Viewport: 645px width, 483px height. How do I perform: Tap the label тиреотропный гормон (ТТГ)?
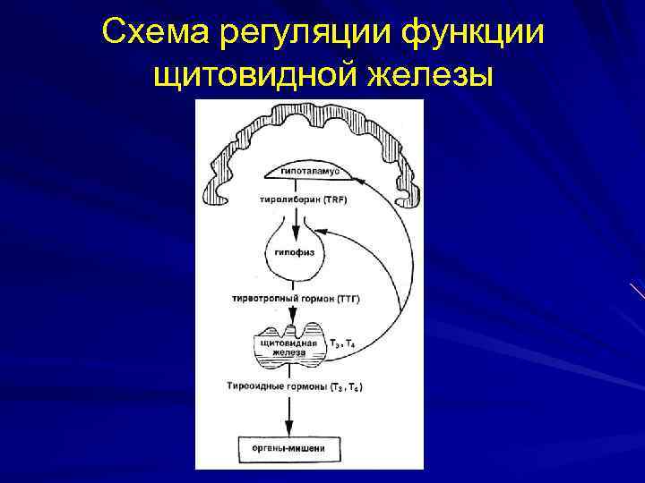point(295,297)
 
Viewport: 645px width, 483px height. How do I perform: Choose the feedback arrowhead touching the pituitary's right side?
point(325,231)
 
